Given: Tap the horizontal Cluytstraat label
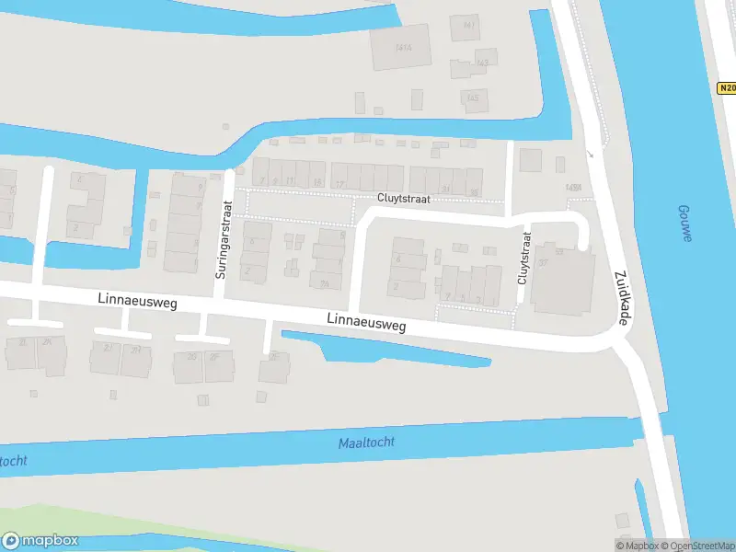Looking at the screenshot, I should pos(401,198).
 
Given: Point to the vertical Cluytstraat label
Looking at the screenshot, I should pos(523,258).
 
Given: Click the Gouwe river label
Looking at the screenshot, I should pos(684,224).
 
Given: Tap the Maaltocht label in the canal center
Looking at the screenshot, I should pos(366,443).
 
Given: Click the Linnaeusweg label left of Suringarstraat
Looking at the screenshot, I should pos(136,301).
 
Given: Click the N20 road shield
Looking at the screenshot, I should pos(726,88).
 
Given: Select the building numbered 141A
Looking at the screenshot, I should pos(401,47).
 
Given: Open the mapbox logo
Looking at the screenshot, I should pos(40,541).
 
